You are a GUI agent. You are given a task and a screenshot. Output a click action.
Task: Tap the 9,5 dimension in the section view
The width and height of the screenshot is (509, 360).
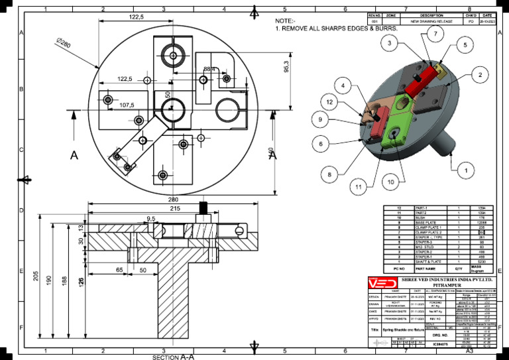coord(151,218)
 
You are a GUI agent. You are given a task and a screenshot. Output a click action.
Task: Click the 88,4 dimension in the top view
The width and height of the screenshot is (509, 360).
coord(209,69)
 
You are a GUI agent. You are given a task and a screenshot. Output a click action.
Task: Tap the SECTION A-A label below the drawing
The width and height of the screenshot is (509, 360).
coord(173,357)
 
